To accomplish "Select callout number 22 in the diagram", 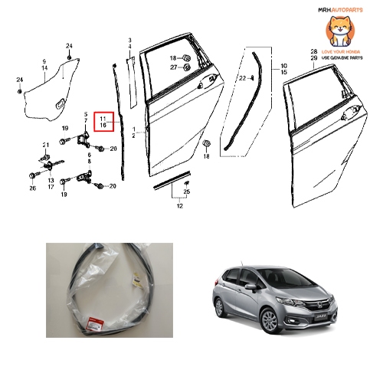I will [241, 78].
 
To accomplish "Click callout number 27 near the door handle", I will [174, 67].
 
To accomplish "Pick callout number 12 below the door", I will [181, 207].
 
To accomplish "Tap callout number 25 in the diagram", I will [186, 191].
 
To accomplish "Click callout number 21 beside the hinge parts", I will [46, 145].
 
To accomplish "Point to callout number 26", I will [32, 188].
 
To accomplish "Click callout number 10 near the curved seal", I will [284, 66].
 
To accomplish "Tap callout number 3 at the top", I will [129, 39].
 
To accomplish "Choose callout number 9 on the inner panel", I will [44, 61].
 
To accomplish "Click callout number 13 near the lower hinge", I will [51, 179].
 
